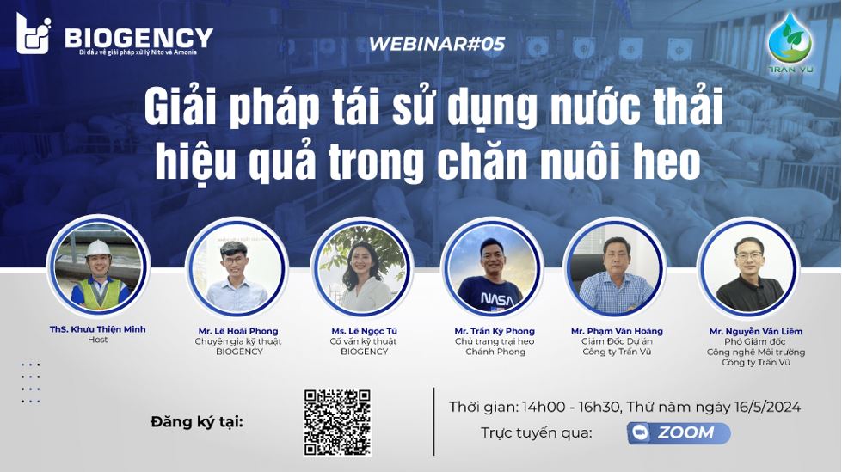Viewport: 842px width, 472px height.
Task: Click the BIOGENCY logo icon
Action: (33, 34)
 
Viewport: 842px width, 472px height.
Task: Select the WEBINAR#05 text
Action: (437, 43)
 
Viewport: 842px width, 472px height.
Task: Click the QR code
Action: (337, 421)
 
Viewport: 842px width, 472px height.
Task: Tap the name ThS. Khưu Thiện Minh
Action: (97, 329)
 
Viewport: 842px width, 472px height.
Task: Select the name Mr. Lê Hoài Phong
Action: (238, 331)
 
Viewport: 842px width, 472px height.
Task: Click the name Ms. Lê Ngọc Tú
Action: (364, 331)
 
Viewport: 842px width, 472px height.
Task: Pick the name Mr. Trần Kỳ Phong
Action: (495, 331)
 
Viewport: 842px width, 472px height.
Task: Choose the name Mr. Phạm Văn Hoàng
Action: (617, 331)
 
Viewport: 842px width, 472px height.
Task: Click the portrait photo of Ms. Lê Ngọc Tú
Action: (362, 268)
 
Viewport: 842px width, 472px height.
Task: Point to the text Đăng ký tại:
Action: (196, 421)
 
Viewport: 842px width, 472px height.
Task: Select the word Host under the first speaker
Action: (97, 340)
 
